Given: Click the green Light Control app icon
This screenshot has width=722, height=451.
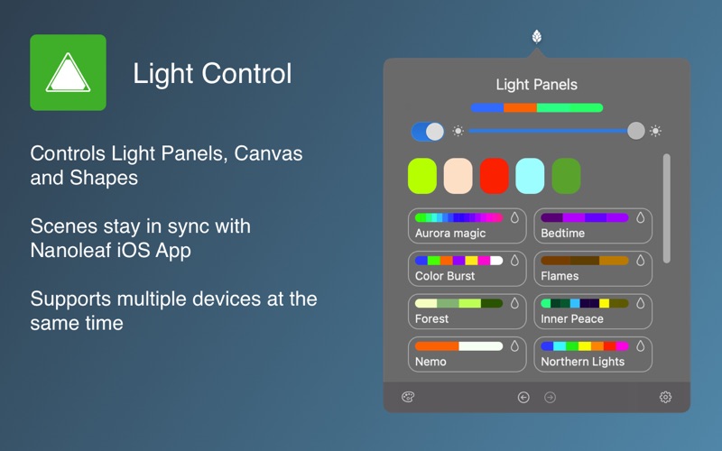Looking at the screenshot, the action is point(69,72).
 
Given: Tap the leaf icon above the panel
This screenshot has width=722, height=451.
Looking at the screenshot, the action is point(536,36).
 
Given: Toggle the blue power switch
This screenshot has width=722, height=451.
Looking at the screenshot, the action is point(427,132).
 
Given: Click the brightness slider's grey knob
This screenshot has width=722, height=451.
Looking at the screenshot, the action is point(636,131).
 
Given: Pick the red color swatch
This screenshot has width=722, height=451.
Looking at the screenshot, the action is point(494,176).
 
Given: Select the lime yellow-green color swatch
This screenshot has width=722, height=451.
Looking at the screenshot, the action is point(422,176).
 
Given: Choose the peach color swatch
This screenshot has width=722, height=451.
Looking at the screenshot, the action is point(458,176).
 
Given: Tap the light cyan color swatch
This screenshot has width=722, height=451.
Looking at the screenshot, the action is point(530,176).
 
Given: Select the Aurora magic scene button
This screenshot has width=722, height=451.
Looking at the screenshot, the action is point(467,225).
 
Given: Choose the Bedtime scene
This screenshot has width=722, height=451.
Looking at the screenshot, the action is point(593,225).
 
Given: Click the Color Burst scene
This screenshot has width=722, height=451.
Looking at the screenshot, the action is point(467,268).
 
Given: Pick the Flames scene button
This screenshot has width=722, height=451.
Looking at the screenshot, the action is point(593,268).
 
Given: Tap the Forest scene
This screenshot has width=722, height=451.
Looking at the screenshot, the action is point(467,311).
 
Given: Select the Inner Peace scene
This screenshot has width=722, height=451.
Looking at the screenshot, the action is point(593,311).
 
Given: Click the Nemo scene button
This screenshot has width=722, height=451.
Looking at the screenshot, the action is point(467,354).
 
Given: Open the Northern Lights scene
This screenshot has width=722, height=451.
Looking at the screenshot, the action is point(593,354).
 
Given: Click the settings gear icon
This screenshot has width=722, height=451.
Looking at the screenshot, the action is point(665,397).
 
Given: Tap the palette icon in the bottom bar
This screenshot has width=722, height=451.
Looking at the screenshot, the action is point(408,397).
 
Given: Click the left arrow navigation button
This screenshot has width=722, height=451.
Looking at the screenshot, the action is point(523,397).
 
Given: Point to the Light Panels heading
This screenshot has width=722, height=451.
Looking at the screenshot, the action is point(536,85).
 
